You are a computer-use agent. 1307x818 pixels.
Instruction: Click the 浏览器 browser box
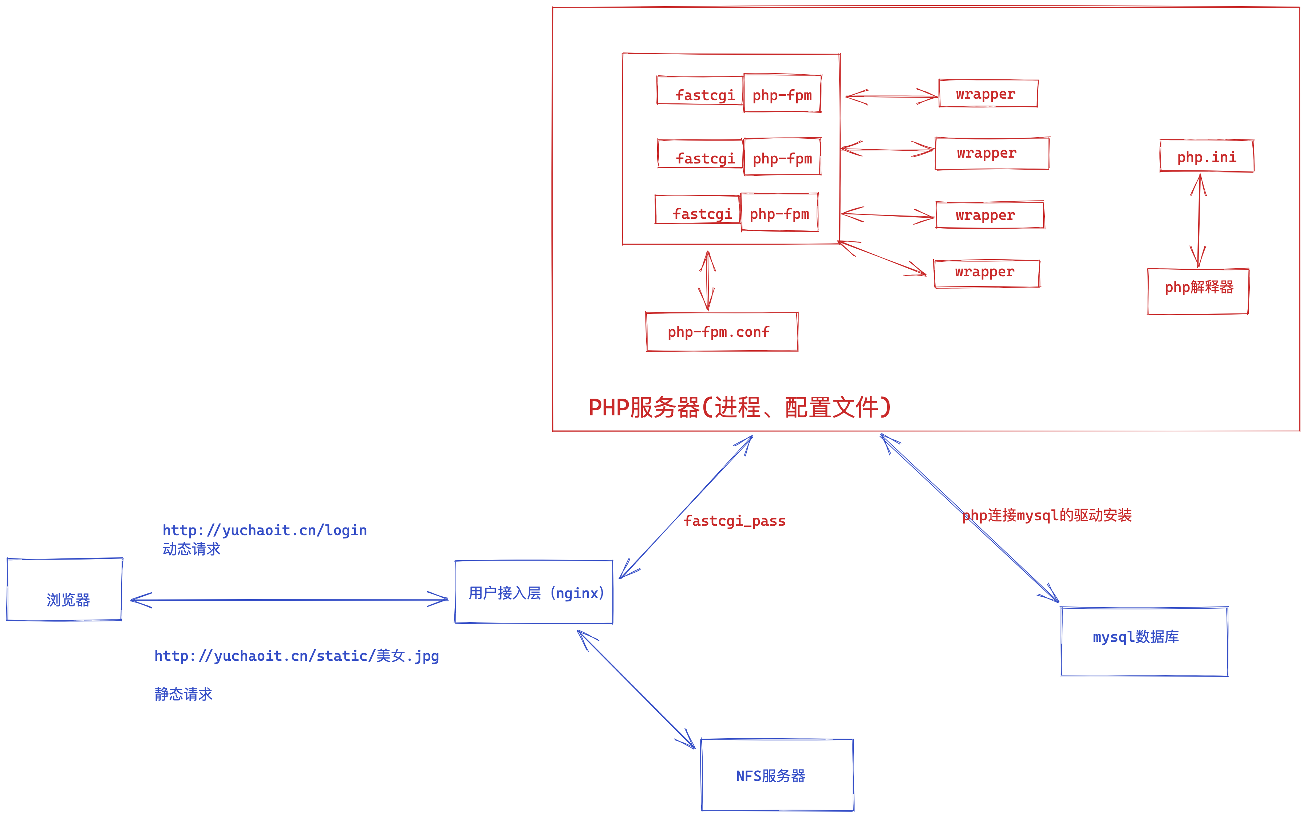(65, 590)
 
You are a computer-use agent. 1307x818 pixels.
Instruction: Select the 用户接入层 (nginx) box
(534, 592)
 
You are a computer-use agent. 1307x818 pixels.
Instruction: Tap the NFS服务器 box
(777, 775)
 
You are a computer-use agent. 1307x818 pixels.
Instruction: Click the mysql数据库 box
(1144, 642)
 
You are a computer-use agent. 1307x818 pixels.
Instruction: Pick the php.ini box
(1207, 156)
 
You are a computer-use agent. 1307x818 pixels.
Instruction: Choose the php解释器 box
(1198, 291)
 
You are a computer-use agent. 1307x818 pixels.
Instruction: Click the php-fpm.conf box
(722, 332)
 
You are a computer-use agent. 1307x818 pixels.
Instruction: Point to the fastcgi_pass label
(734, 521)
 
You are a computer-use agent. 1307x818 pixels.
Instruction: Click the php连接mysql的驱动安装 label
(1047, 515)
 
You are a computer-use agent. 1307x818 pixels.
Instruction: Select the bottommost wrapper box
(987, 273)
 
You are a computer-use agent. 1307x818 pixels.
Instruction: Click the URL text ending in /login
(265, 530)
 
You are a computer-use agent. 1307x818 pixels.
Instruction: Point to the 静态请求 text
(183, 694)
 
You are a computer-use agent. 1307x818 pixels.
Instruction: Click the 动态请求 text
(191, 549)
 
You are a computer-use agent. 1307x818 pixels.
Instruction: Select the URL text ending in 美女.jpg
(296, 656)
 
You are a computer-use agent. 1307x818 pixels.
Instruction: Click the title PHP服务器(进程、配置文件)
(739, 407)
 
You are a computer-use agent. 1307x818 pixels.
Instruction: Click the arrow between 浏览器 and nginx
(289, 600)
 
